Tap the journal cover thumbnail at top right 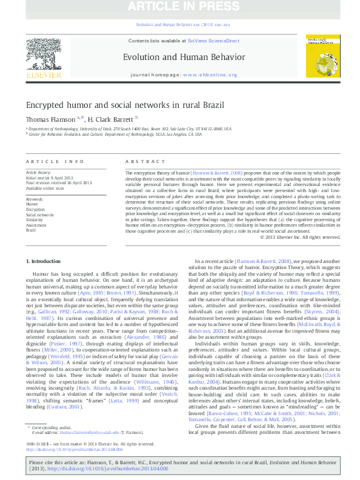(319, 58)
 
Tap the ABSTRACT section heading (141, 161)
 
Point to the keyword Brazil (30, 230)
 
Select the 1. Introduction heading (45, 261)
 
